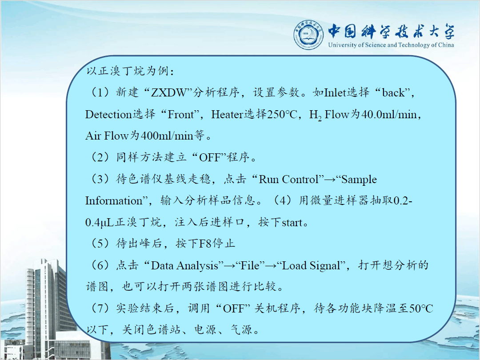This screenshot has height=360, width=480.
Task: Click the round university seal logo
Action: [x=308, y=35]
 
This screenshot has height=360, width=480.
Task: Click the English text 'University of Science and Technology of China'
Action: [x=391, y=45]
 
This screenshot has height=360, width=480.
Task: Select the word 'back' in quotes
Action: [x=393, y=92]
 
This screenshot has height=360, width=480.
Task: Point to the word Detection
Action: [x=108, y=115]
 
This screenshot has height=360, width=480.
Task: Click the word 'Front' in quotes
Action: [x=180, y=115]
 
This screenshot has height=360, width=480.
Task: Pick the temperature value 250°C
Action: [x=282, y=115]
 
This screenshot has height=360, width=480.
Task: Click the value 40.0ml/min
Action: [x=389, y=115]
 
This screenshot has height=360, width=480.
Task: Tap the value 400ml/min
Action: [x=167, y=136]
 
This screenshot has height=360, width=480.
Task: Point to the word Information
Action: [x=114, y=201]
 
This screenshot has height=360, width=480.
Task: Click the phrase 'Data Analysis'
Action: [x=184, y=265]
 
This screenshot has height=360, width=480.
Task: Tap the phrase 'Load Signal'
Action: [x=311, y=265]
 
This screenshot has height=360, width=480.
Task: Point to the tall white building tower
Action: [x=46, y=303]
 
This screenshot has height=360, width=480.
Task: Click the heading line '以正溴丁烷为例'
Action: [x=130, y=71]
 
